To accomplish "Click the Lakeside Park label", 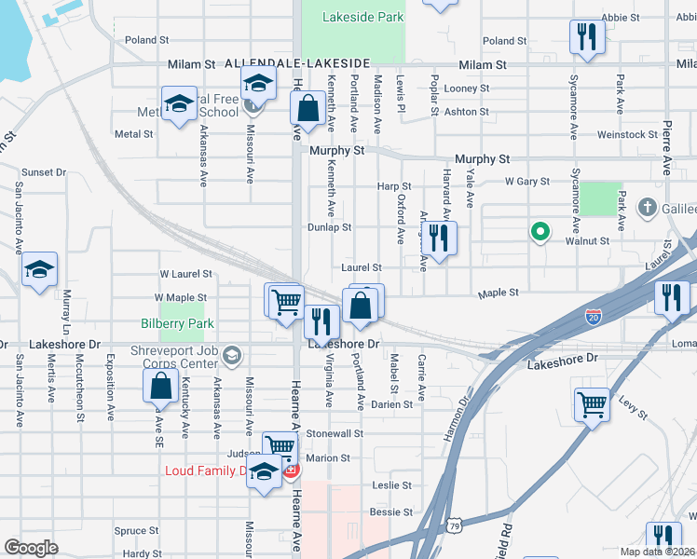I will pos(363,17).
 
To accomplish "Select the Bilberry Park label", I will pos(177,324).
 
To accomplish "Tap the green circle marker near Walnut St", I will pos(539,232).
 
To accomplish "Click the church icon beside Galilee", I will pos(648,206).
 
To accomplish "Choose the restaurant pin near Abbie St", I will pos(587,37).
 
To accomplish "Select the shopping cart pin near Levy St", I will pos(592,405).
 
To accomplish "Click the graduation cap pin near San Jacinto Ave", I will pos(39,269).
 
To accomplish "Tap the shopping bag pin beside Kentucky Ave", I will pos(160,386).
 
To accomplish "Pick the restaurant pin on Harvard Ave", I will pos(438,239).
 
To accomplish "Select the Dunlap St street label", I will pos(330,227).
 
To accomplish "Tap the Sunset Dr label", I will pos(44,172).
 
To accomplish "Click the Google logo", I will pos(31,548).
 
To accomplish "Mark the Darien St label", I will pos(391,404).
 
